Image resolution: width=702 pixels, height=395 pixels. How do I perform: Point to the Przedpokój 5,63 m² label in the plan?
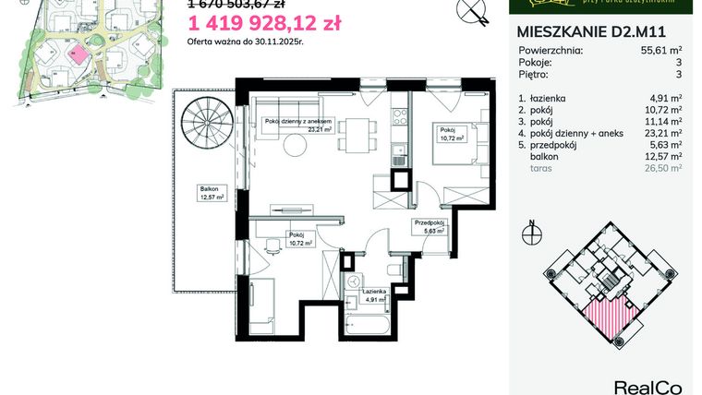pyautogui.click(x=430, y=227)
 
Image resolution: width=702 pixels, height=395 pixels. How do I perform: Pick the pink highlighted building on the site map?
pyautogui.click(x=79, y=54)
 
